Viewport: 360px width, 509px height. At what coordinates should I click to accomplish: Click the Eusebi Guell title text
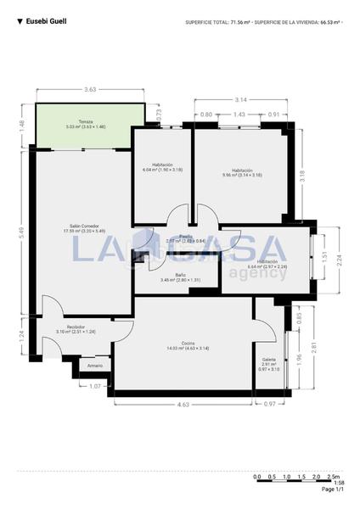pyautogui.click(x=46, y=20)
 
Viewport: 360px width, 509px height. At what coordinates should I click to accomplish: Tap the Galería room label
pyautogui.click(x=268, y=361)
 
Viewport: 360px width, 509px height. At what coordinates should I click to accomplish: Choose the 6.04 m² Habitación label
pyautogui.click(x=162, y=166)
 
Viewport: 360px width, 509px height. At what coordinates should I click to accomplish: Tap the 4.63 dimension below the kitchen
pyautogui.click(x=183, y=404)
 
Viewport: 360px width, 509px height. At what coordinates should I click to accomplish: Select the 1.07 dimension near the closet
pyautogui.click(x=95, y=387)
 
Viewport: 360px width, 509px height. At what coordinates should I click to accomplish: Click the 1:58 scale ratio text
pyautogui.click(x=339, y=483)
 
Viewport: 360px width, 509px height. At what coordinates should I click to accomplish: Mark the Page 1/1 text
pyautogui.click(x=333, y=489)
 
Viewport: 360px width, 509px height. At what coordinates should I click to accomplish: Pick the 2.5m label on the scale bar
pyautogui.click(x=334, y=477)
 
